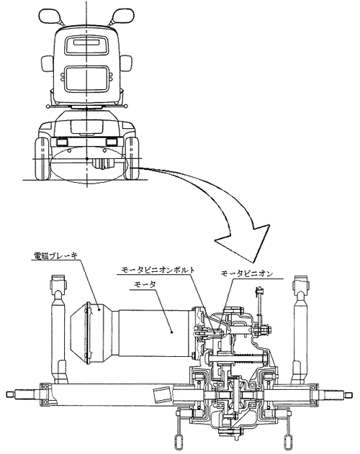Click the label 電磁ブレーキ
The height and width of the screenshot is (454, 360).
[55, 255]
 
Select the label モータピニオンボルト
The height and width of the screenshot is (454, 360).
[158, 270]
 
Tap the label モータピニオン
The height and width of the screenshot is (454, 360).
[247, 273]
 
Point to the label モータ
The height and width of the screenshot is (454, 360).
[145, 284]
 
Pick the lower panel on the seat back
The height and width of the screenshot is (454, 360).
[86, 78]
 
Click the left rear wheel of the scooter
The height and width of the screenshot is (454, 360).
[42, 158]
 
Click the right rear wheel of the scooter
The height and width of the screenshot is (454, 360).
[132, 158]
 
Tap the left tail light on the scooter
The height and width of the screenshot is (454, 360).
[62, 142]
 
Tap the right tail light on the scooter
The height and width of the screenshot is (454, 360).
[112, 142]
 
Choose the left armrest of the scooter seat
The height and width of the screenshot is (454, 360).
[46, 64]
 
